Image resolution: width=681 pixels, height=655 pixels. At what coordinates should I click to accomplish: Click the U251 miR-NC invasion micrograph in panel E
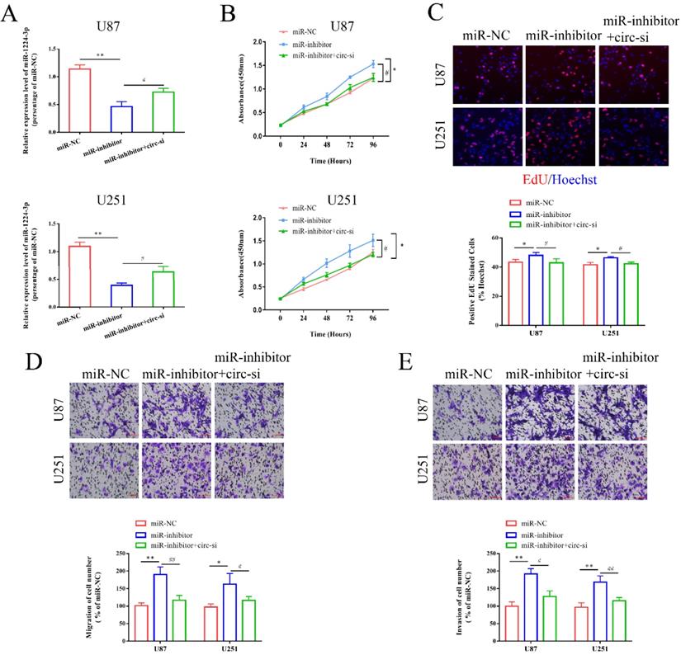462,470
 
